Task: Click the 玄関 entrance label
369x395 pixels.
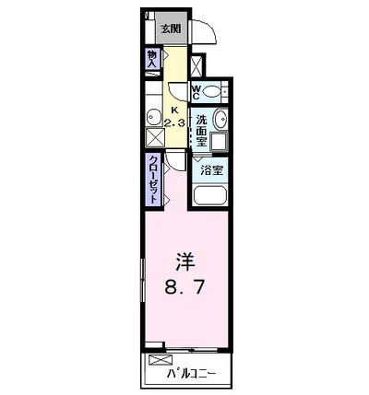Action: (170, 29)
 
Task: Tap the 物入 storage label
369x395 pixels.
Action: (152, 59)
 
